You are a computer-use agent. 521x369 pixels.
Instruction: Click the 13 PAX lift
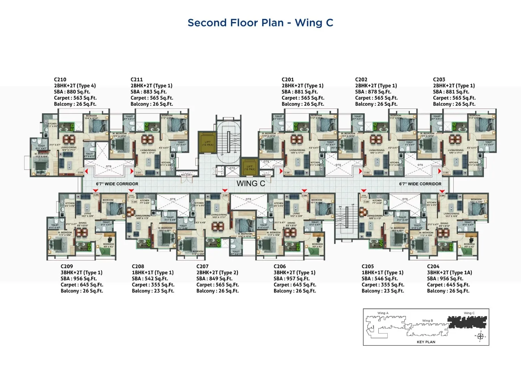[207, 143]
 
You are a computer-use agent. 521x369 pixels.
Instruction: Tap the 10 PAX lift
[249, 168]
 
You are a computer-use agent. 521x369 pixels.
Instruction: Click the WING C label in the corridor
[251, 183]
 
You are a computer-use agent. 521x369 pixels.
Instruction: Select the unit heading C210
[60, 79]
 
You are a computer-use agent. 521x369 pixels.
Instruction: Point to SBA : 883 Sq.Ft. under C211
[149, 92]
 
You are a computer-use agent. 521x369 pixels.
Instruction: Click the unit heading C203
[439, 79]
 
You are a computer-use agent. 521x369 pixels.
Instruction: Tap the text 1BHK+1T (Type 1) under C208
[152, 273]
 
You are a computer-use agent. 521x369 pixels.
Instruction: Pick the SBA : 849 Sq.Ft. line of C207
[214, 279]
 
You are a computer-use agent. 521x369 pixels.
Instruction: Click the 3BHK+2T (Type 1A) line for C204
[449, 273]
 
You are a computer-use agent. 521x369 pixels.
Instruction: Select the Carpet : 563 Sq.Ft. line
[75, 98]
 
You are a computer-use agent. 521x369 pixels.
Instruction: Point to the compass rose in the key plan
[480, 336]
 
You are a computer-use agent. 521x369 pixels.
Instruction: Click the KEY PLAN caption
[426, 342]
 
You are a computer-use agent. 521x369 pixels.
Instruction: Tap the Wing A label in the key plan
[383, 313]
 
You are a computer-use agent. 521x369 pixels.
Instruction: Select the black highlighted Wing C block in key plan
[467, 322]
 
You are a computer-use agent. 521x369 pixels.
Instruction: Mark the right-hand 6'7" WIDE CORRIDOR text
[420, 184]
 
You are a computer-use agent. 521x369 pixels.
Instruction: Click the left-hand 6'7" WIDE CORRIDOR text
[117, 184]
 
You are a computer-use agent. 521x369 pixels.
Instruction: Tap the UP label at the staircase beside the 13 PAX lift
[222, 155]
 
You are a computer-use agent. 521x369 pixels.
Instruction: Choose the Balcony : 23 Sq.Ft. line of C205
[383, 291]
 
